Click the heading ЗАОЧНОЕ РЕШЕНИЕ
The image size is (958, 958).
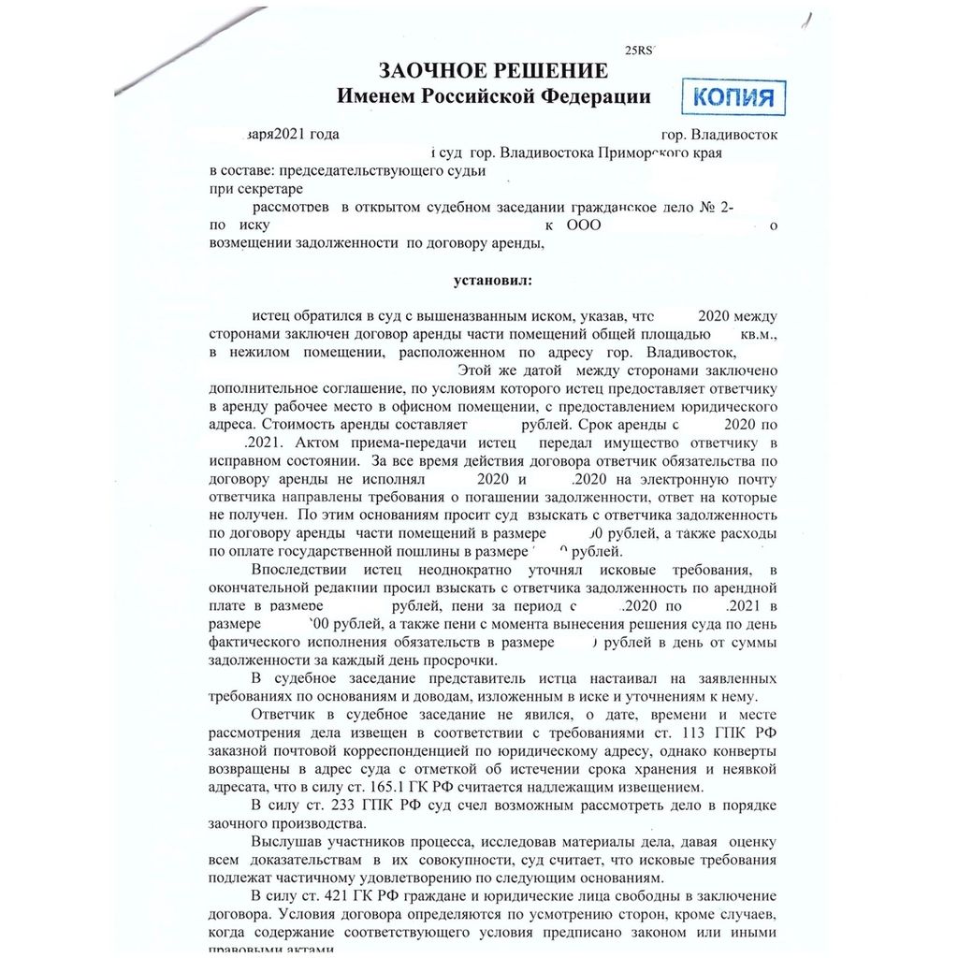tap(492, 71)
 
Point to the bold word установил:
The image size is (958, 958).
tap(492, 280)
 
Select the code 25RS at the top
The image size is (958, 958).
tap(640, 51)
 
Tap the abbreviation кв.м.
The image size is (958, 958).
tap(757, 333)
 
